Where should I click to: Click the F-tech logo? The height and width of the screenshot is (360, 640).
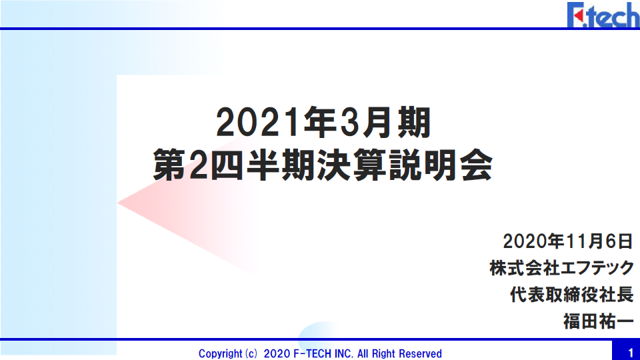(x=603, y=15)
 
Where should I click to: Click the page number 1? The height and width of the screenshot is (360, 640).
(x=631, y=353)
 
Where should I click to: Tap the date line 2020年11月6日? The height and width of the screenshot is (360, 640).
(x=568, y=241)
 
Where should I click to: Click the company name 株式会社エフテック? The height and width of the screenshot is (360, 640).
(x=561, y=268)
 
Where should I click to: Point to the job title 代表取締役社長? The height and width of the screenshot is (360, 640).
(x=571, y=295)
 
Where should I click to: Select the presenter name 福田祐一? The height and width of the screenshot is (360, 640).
(x=599, y=321)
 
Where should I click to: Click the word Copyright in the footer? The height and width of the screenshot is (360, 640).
(x=221, y=353)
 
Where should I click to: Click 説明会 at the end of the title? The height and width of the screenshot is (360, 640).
(x=441, y=165)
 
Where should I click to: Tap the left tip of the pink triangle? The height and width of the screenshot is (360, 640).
(x=118, y=203)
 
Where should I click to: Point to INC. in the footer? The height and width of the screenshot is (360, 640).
(x=344, y=353)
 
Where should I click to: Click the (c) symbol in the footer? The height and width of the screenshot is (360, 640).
(x=251, y=353)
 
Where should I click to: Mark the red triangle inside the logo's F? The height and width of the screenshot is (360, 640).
(x=579, y=16)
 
